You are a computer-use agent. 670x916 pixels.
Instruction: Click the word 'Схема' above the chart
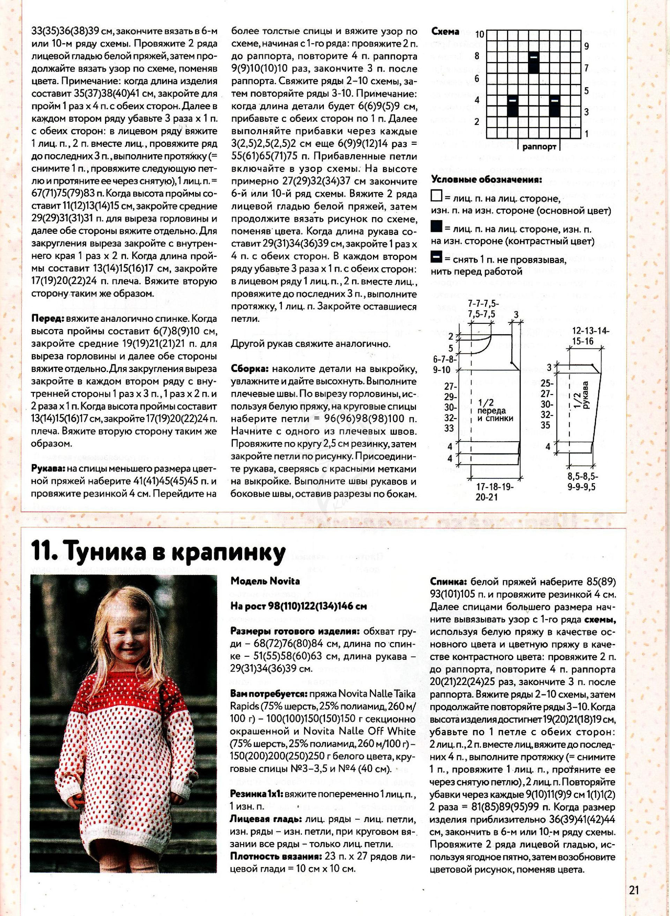point(445,32)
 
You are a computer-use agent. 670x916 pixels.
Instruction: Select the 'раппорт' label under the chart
point(539,147)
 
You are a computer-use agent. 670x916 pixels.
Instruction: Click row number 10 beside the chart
point(480,34)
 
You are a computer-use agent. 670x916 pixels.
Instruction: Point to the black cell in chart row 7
point(534,62)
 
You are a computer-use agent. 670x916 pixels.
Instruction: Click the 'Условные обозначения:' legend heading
point(487,180)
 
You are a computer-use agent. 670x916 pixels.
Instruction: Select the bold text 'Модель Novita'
point(265,581)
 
